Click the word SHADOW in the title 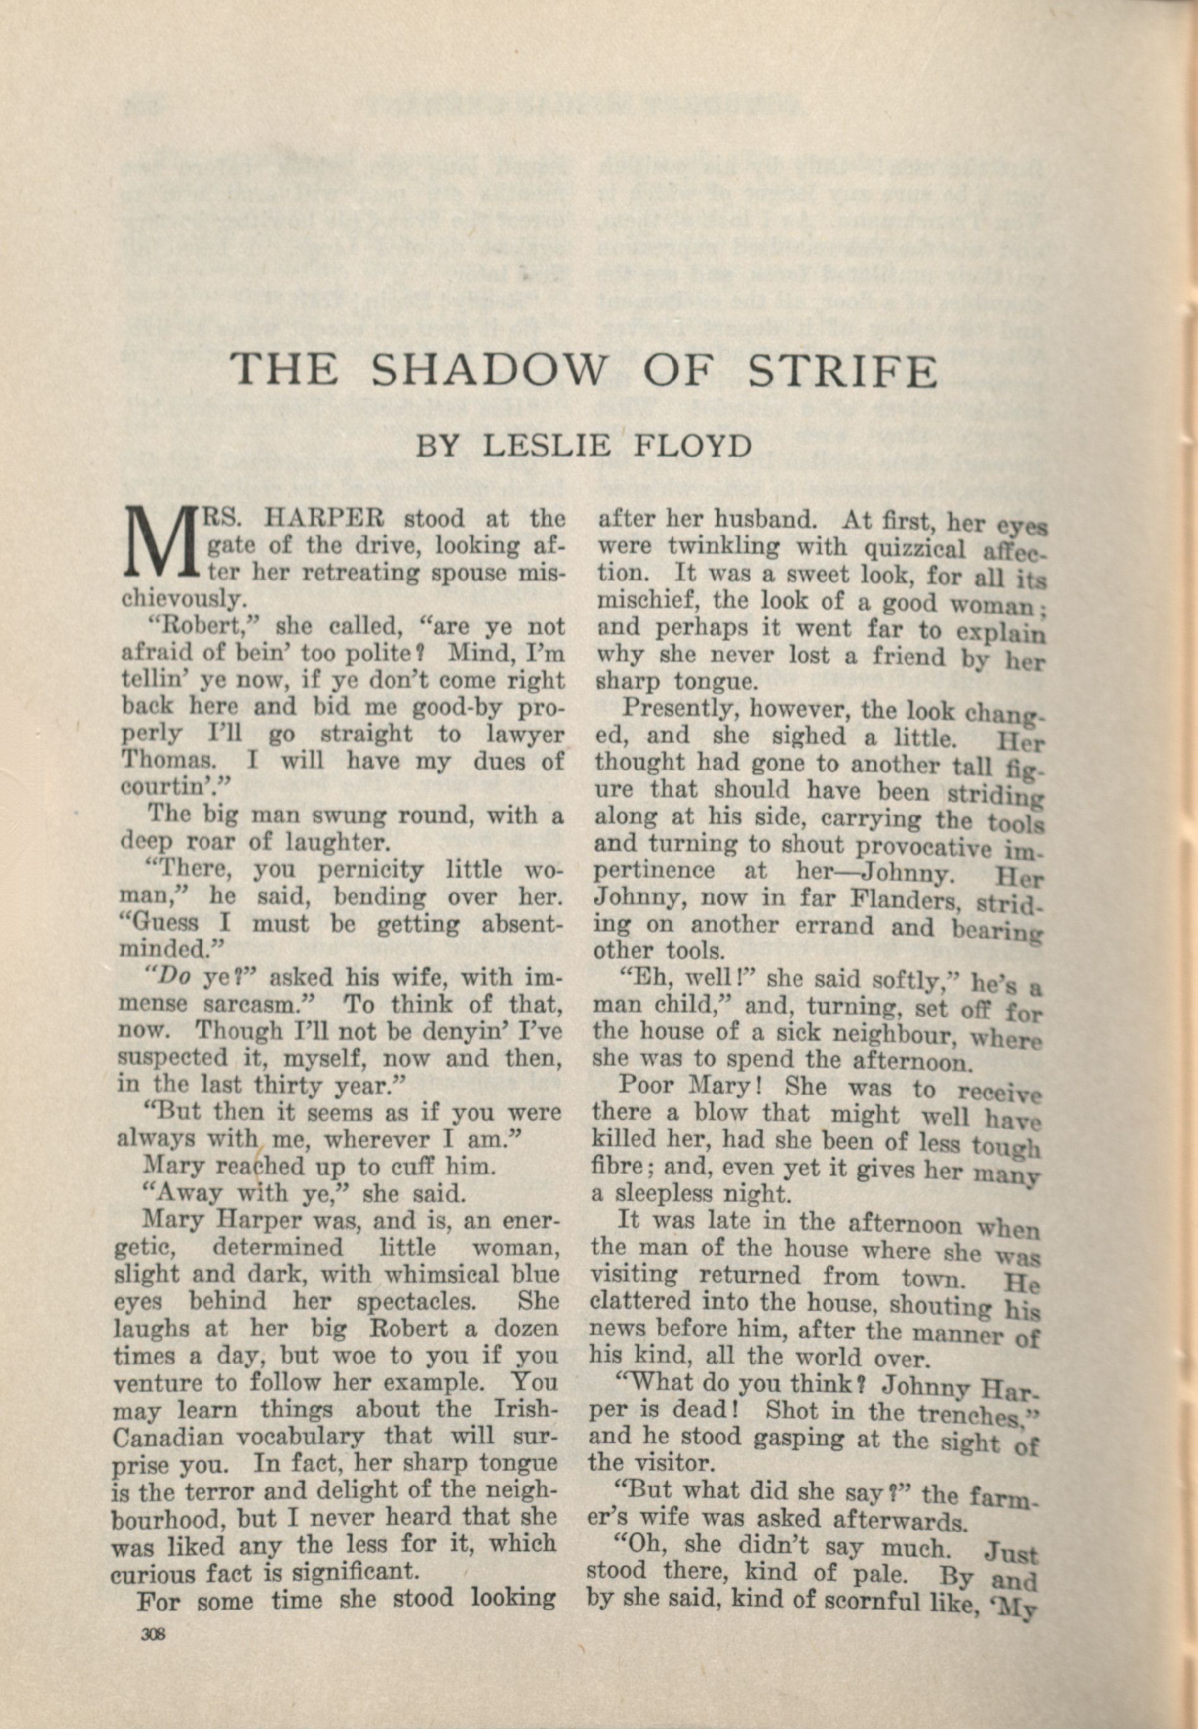[488, 370]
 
